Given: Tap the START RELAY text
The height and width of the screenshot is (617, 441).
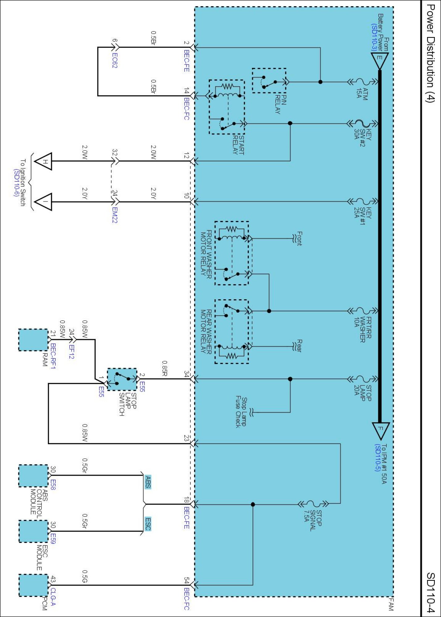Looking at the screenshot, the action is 238,145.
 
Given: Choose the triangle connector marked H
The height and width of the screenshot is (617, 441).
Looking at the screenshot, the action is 43,161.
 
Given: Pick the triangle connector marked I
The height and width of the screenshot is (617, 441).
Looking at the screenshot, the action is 43,202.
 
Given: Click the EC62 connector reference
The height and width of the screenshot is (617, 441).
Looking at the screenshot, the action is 115,60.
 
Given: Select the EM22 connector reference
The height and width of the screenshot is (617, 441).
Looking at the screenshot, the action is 115,215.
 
